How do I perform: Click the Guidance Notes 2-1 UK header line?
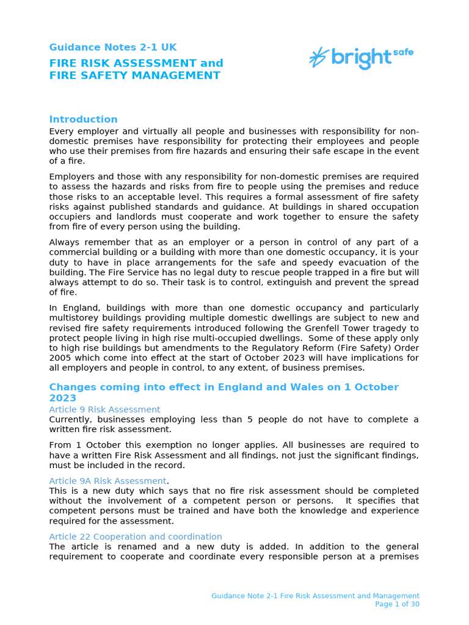[113, 48]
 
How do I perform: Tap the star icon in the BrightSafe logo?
[318, 57]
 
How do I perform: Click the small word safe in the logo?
[402, 52]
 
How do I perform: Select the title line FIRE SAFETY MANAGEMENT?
[134, 76]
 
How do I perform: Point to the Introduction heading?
[83, 120]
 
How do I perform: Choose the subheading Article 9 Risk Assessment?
[104, 410]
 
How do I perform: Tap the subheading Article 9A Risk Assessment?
[107, 481]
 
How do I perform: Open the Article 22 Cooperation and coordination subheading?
[135, 536]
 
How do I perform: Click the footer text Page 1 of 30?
[397, 604]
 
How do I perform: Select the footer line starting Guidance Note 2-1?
[315, 596]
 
